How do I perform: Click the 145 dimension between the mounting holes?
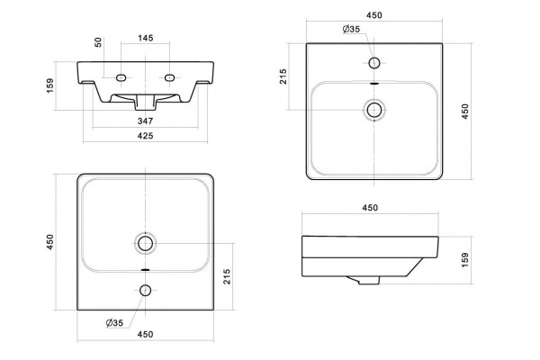146,38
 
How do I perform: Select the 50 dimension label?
98,42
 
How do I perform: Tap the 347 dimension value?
145,121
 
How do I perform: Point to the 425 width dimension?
145,136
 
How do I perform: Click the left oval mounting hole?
121,78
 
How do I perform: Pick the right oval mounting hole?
169,78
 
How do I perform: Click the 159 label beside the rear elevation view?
50,85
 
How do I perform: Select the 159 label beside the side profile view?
465,260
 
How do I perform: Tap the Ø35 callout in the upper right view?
351,30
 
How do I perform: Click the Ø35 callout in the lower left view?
114,323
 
